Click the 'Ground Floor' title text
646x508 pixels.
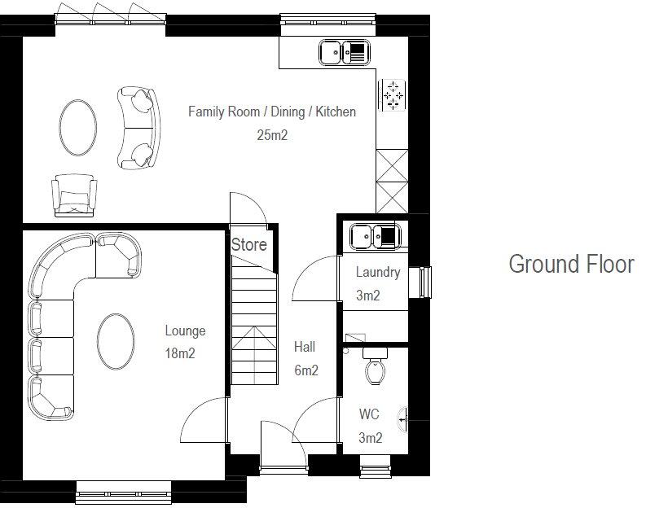(x=570, y=265)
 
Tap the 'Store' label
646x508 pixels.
(x=248, y=244)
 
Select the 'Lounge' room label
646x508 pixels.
(x=185, y=331)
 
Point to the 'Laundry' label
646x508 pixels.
(x=377, y=272)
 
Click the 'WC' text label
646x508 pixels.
(x=369, y=414)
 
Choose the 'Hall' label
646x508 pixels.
(x=305, y=347)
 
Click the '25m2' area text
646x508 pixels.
(x=272, y=135)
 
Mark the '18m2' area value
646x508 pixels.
(x=180, y=353)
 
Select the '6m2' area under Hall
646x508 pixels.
(x=305, y=370)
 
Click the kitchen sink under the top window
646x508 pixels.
(x=344, y=53)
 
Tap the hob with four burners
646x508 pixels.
(x=393, y=94)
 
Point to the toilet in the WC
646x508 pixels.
(x=376, y=368)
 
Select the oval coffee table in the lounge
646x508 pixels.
(x=116, y=342)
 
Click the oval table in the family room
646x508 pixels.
(x=77, y=125)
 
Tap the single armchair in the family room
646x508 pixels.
(x=74, y=195)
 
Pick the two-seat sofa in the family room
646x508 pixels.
(x=136, y=126)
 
